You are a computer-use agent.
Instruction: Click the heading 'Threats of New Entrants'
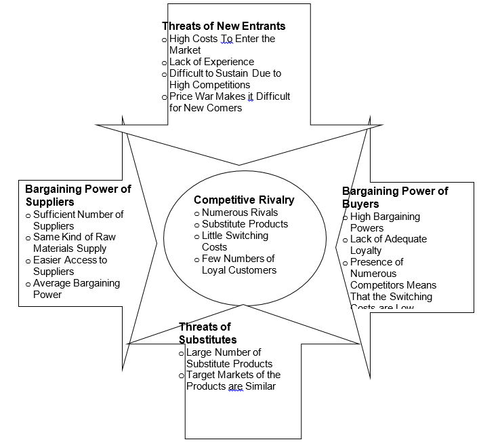point(224,26)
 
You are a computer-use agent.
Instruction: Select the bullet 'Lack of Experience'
point(211,62)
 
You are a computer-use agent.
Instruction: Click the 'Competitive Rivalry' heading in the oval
point(244,200)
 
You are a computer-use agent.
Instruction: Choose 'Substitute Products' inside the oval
point(245,224)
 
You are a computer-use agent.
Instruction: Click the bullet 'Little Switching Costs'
point(234,241)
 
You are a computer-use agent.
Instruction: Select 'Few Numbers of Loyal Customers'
point(238,264)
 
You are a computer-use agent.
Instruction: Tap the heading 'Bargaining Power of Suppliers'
point(78,196)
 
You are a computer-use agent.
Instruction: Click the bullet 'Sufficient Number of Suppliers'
point(78,220)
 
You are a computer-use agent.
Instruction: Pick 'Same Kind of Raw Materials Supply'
point(75,242)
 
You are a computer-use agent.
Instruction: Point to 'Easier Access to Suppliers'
point(70,265)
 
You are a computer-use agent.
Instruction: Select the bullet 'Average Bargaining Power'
point(76,289)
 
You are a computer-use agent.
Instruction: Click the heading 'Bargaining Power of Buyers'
point(395,198)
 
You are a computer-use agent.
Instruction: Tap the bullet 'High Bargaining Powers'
point(385,222)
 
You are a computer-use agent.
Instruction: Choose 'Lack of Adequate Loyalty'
point(388,245)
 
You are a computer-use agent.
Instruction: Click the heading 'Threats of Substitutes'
point(205,333)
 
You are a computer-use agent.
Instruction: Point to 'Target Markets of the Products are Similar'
point(233,380)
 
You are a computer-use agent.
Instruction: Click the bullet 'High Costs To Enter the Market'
point(222,44)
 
